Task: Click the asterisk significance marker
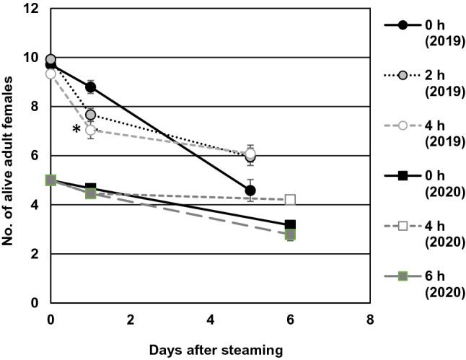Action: (76, 131)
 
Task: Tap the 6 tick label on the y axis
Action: (36, 156)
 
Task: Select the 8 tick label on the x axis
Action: (369, 318)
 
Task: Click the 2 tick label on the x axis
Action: (131, 318)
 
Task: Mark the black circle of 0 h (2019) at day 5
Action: (250, 190)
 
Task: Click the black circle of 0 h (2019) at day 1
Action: (90, 87)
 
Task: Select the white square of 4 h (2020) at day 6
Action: (290, 200)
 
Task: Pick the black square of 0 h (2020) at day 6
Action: (290, 225)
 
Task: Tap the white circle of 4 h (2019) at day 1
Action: (90, 131)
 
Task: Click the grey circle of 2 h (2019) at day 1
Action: (91, 115)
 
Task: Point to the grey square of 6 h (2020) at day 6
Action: (290, 234)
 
